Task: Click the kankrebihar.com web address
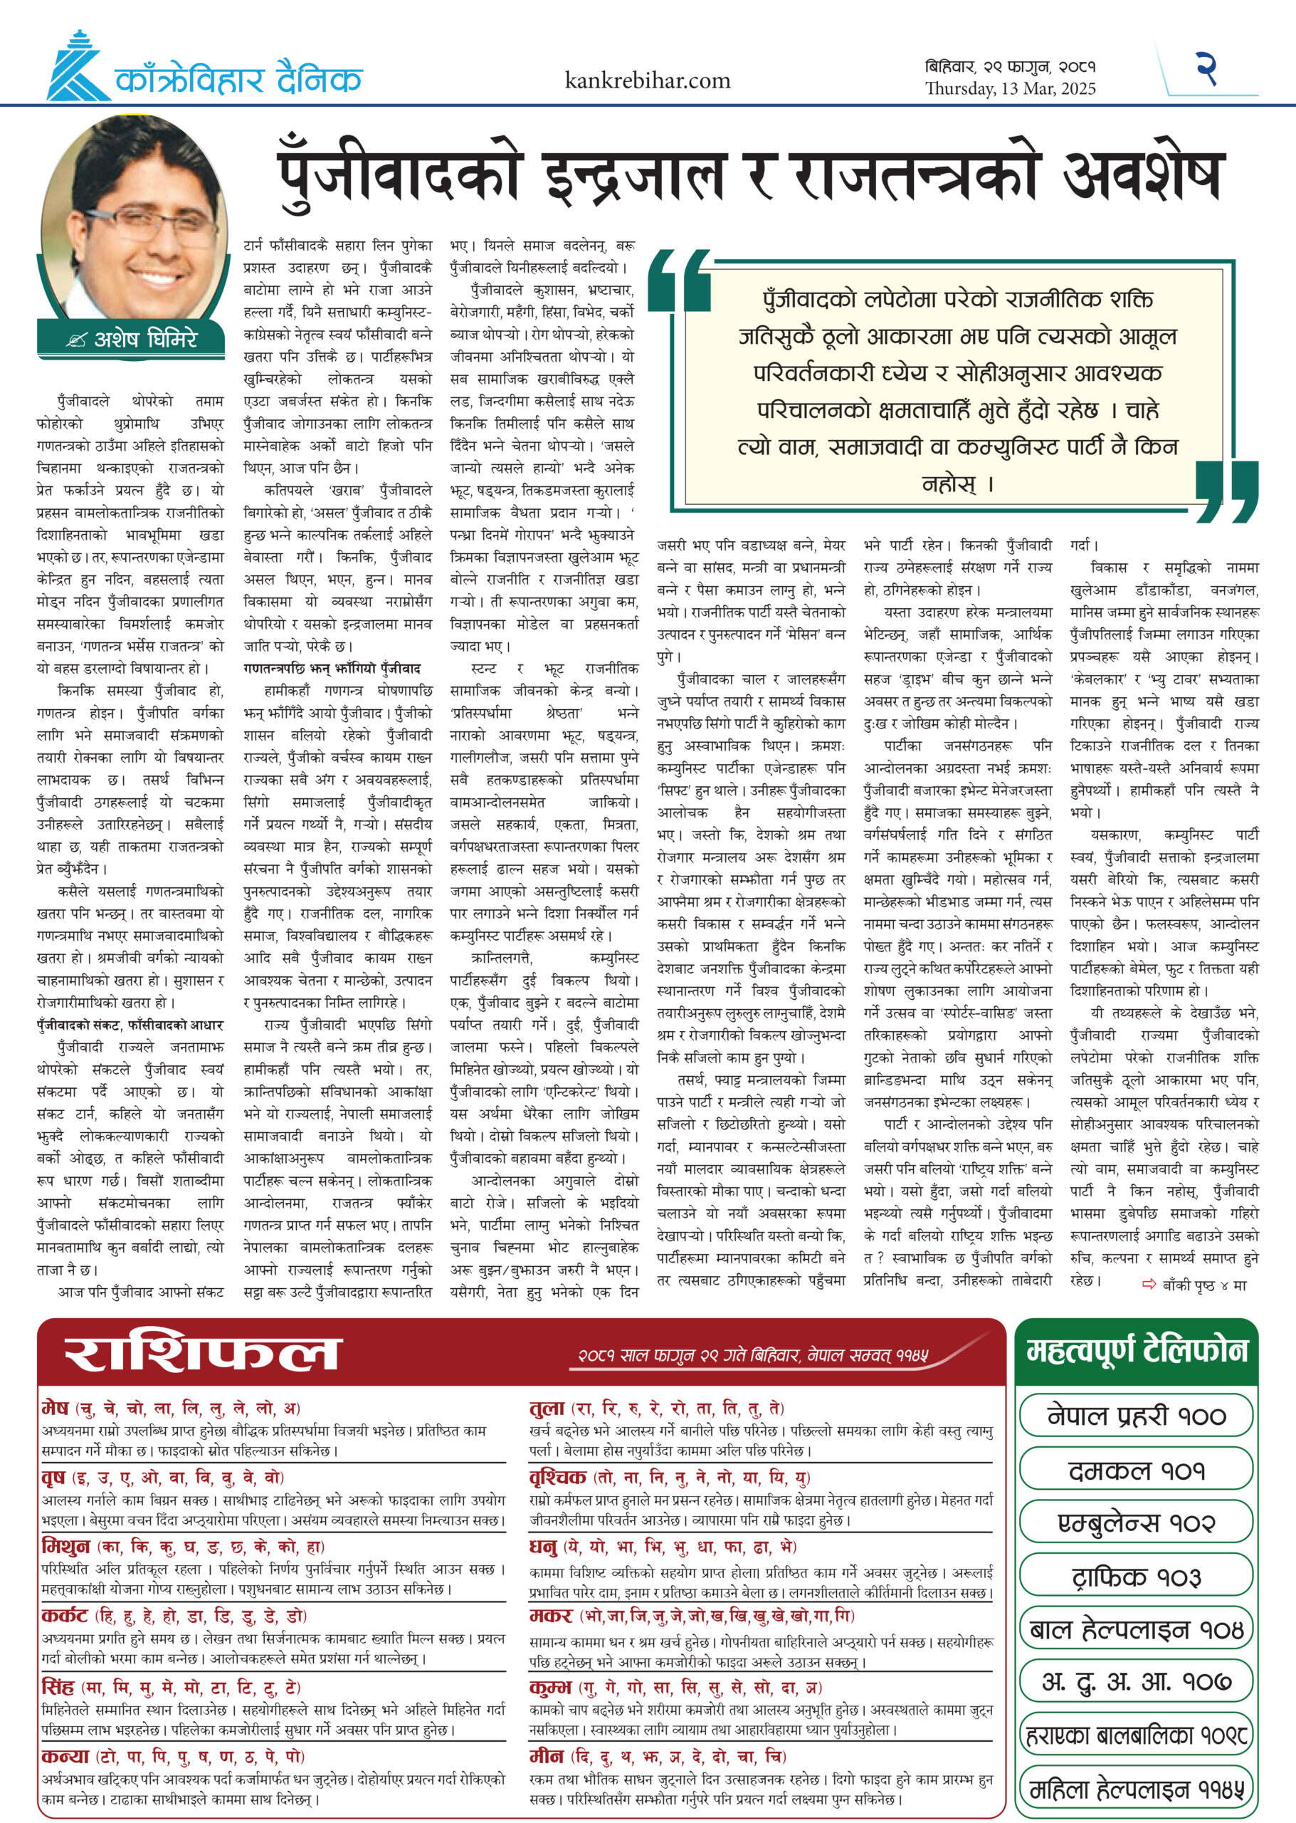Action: pyautogui.click(x=647, y=80)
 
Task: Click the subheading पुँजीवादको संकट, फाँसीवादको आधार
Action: pyautogui.click(x=130, y=1025)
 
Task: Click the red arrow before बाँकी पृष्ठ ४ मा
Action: pyautogui.click(x=1149, y=1284)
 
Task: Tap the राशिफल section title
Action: pyautogui.click(x=203, y=1354)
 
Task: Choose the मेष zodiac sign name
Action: pyautogui.click(x=56, y=1408)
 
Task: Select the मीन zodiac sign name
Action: pyautogui.click(x=547, y=1757)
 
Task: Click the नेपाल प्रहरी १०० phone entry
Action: pyautogui.click(x=1136, y=1416)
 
